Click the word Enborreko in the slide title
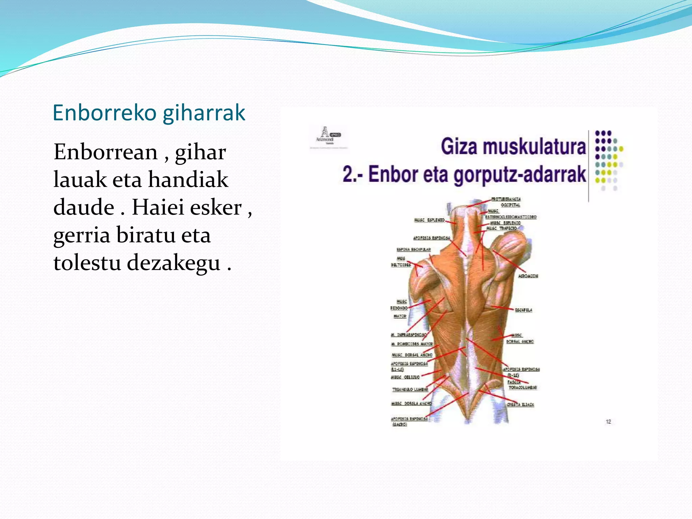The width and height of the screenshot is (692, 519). pyautogui.click(x=105, y=113)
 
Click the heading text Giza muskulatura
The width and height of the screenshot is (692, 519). pyautogui.click(x=513, y=147)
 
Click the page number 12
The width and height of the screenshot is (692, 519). pyautogui.click(x=608, y=422)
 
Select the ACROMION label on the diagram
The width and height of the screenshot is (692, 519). pyautogui.click(x=528, y=276)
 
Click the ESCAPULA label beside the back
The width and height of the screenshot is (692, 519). pyautogui.click(x=523, y=310)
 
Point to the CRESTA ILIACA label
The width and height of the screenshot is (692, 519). pyautogui.click(x=520, y=404)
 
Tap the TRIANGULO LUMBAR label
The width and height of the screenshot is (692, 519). pyautogui.click(x=410, y=390)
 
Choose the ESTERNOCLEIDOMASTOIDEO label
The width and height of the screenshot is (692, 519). pyautogui.click(x=511, y=217)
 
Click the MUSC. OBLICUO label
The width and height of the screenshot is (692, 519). pyautogui.click(x=405, y=377)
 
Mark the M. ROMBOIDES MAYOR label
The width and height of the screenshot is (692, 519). pyautogui.click(x=412, y=344)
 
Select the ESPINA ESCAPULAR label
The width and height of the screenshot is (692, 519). pyautogui.click(x=414, y=250)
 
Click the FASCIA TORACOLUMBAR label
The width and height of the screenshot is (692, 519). pyautogui.click(x=522, y=387)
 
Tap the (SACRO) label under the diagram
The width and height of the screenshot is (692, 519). pyautogui.click(x=399, y=425)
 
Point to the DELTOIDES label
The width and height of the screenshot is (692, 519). pyautogui.click(x=401, y=265)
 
